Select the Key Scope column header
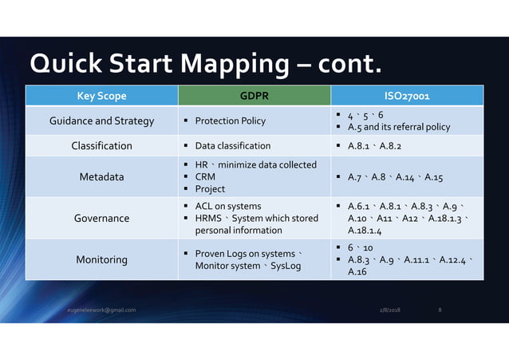coord(101,97)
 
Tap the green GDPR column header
coord(253,97)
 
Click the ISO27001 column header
coord(407,97)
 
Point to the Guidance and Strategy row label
coord(101,121)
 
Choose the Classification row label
coord(101,146)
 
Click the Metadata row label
coord(101,176)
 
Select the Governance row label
coord(101,218)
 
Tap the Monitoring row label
coord(101,259)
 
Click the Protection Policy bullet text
coord(230,121)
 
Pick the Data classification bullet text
coord(232,146)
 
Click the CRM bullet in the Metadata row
coord(205,176)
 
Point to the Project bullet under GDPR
coord(210,189)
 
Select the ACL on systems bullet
coord(227,206)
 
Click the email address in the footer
coord(101,310)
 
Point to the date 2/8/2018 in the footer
coord(391,310)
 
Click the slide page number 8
coord(441,310)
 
